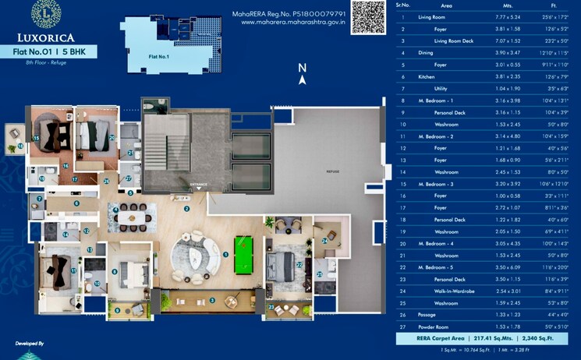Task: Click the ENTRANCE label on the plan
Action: (x=199, y=185)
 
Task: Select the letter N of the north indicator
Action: (x=302, y=69)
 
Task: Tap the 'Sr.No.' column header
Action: (x=402, y=5)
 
